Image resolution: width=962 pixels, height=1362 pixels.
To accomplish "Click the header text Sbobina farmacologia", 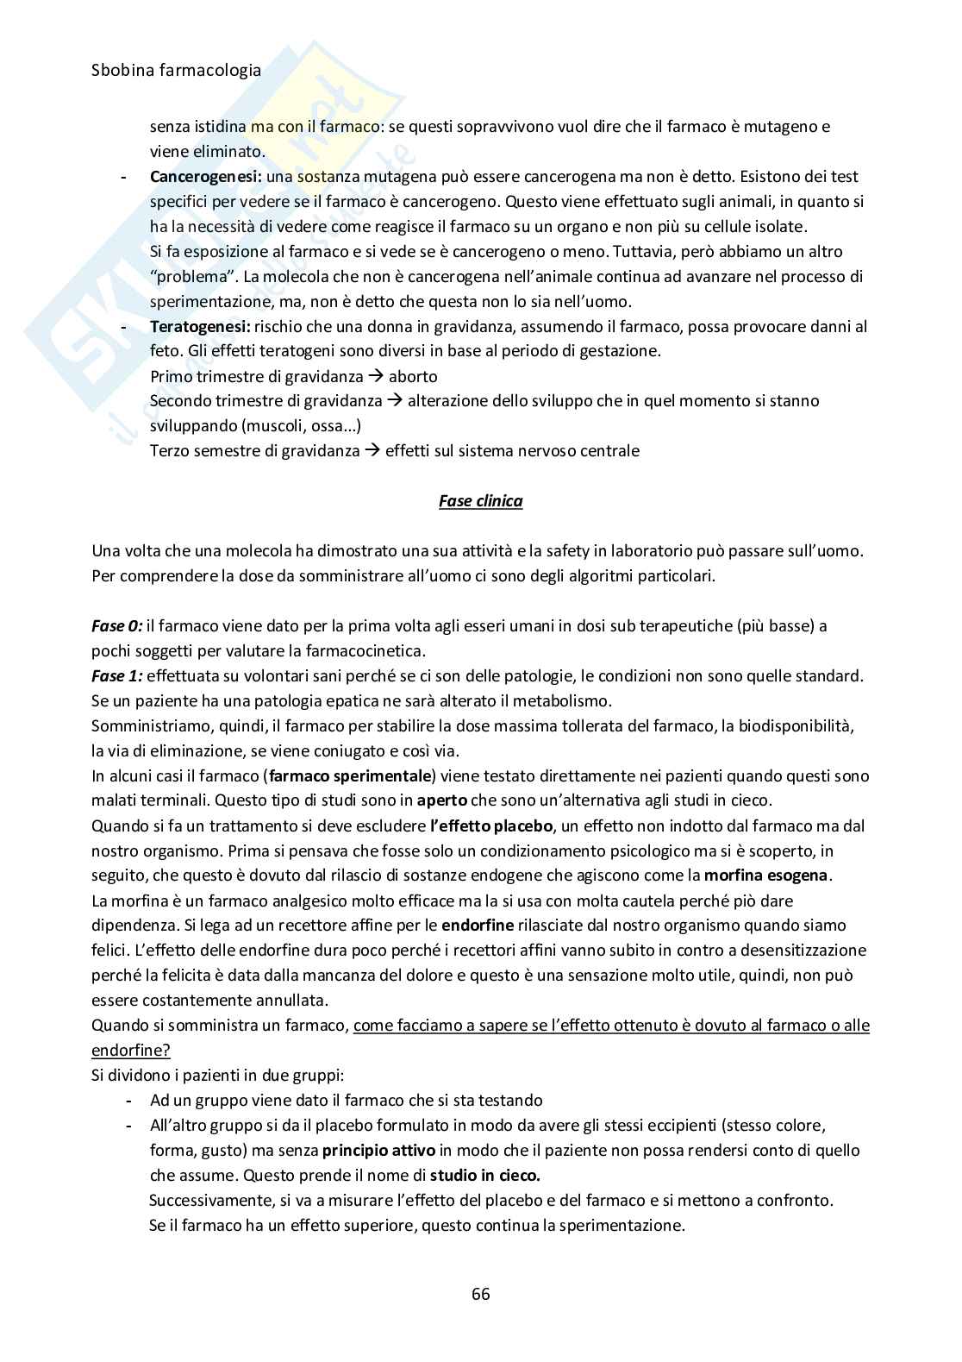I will click(176, 71).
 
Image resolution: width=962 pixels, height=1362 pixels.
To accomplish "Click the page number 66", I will click(481, 1294).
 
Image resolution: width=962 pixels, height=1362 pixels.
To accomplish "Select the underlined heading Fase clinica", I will click(480, 500).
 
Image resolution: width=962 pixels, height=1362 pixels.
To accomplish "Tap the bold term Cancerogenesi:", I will click(206, 176).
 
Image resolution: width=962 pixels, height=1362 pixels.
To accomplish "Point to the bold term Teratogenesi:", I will click(200, 327).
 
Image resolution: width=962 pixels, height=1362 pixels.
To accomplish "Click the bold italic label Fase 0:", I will click(116, 626).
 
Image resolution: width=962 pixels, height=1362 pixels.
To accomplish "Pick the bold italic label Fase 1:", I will click(116, 676).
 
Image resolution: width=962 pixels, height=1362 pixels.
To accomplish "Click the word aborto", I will click(413, 377).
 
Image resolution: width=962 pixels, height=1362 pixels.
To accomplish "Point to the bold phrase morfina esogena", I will click(766, 876).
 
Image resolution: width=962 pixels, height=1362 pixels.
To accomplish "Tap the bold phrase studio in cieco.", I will click(485, 1175).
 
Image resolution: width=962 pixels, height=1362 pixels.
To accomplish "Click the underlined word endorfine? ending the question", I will click(131, 1051).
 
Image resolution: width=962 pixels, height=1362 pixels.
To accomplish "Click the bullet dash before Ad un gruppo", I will click(128, 1101).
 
